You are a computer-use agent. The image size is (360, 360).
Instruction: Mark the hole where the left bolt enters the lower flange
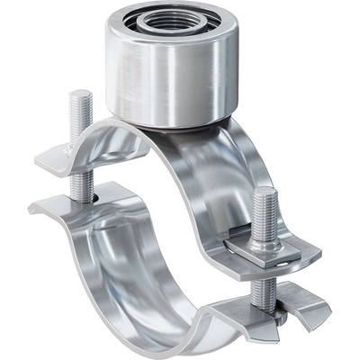tap(84, 199)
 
